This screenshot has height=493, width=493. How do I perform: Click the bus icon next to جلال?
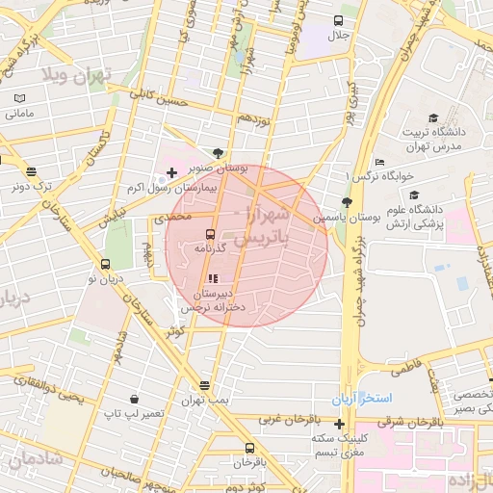pyautogui.click(x=338, y=20)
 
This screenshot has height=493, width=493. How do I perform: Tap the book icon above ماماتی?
pyautogui.click(x=20, y=98)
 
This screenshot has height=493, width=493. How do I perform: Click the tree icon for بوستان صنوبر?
pyautogui.click(x=219, y=152)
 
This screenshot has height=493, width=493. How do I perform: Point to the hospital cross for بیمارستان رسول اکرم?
pyautogui.click(x=171, y=173)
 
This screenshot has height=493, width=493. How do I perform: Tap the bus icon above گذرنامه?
pyautogui.click(x=210, y=234)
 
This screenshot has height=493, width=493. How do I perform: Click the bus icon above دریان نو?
pyautogui.click(x=106, y=264)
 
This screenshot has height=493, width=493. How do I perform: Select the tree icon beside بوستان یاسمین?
pyautogui.click(x=347, y=202)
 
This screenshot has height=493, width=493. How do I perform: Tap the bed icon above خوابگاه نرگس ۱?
pyautogui.click(x=380, y=162)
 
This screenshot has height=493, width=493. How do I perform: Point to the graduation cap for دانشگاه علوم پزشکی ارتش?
pyautogui.click(x=414, y=195)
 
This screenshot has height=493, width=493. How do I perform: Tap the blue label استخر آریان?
pyautogui.click(x=358, y=398)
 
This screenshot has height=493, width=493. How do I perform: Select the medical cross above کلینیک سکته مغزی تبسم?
pyautogui.click(x=339, y=424)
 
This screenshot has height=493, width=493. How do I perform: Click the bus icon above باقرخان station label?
pyautogui.click(x=250, y=448)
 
